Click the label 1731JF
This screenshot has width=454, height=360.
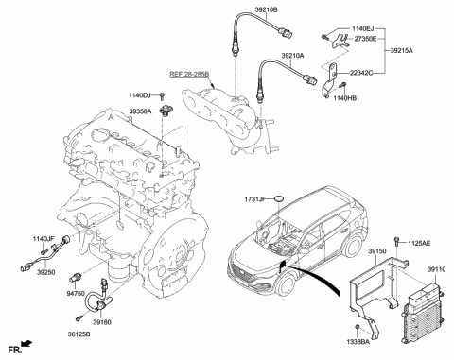(x=257, y=198)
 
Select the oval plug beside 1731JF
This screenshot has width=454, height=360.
(x=284, y=198)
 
